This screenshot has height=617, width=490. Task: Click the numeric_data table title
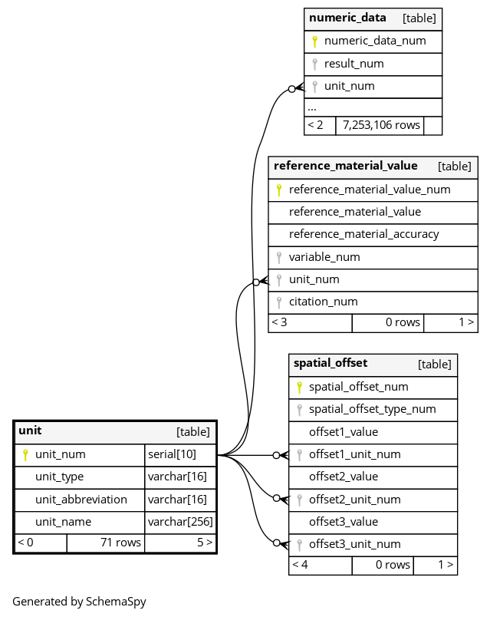pos(347,18)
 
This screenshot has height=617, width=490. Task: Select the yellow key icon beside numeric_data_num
pos(314,41)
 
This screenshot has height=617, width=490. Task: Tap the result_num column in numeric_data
pos(354,64)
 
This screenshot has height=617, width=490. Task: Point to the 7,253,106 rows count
pos(381,125)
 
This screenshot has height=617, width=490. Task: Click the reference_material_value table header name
pos(345,166)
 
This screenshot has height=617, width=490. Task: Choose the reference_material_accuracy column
pos(363,234)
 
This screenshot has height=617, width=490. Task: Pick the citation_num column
pos(324,302)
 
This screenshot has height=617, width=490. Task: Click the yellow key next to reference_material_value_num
pos(279,190)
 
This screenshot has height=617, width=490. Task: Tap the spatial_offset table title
pos(331,363)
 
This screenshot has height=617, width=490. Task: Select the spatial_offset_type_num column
pos(373,409)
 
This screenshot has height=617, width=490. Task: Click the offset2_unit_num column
pos(355,500)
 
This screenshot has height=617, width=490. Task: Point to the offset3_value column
pos(344,522)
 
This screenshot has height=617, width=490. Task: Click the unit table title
pos(30,431)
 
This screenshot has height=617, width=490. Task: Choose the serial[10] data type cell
pos(172,454)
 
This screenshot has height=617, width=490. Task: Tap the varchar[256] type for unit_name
pos(180,522)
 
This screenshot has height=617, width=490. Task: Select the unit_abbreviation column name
pos(81,500)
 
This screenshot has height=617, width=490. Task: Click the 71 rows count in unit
pos(120,543)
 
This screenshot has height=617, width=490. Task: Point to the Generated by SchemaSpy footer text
pos(79,602)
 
